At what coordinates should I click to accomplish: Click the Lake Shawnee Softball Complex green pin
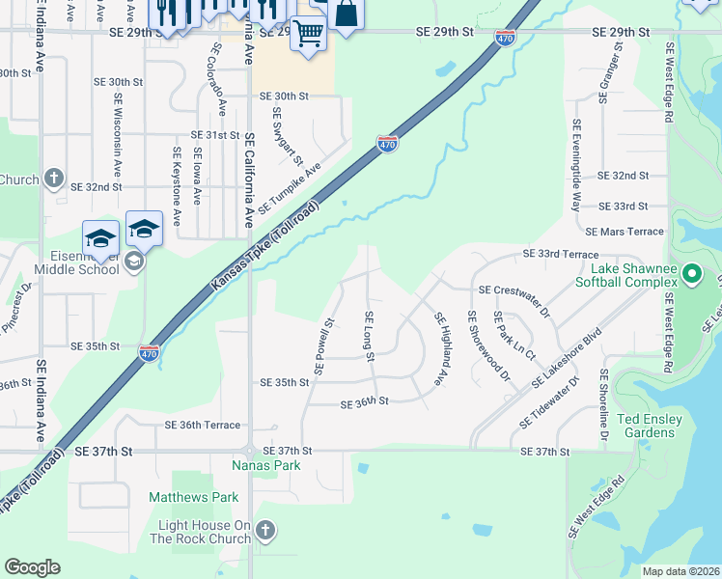(x=691, y=274)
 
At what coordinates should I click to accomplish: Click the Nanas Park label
(x=266, y=465)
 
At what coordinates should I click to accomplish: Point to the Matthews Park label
(x=193, y=497)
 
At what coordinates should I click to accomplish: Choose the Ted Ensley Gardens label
(x=649, y=426)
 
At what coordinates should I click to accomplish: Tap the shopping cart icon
(x=308, y=33)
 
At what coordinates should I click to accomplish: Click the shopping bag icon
(x=347, y=14)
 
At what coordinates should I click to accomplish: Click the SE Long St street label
(x=369, y=337)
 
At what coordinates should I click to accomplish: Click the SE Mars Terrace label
(x=625, y=232)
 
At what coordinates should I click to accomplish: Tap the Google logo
(x=32, y=567)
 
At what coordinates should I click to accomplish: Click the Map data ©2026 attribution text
(x=680, y=571)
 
